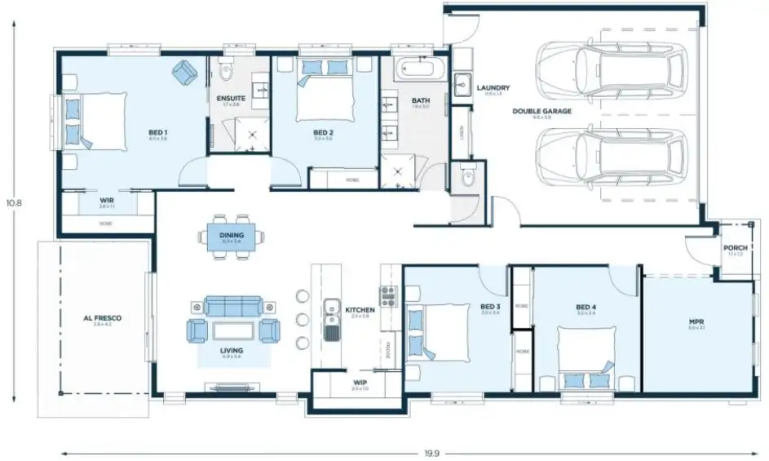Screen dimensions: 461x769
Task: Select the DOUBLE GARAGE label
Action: tap(541, 111)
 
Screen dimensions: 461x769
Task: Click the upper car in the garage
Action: tap(609, 66)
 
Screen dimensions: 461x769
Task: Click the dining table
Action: tap(232, 237)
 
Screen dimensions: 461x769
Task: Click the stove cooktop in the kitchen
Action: tap(387, 295)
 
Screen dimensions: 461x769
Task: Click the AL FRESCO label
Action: tap(102, 318)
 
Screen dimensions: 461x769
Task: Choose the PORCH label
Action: tap(735, 249)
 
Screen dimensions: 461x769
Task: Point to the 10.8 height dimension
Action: tap(13, 202)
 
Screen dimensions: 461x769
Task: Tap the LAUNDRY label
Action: tap(493, 88)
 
